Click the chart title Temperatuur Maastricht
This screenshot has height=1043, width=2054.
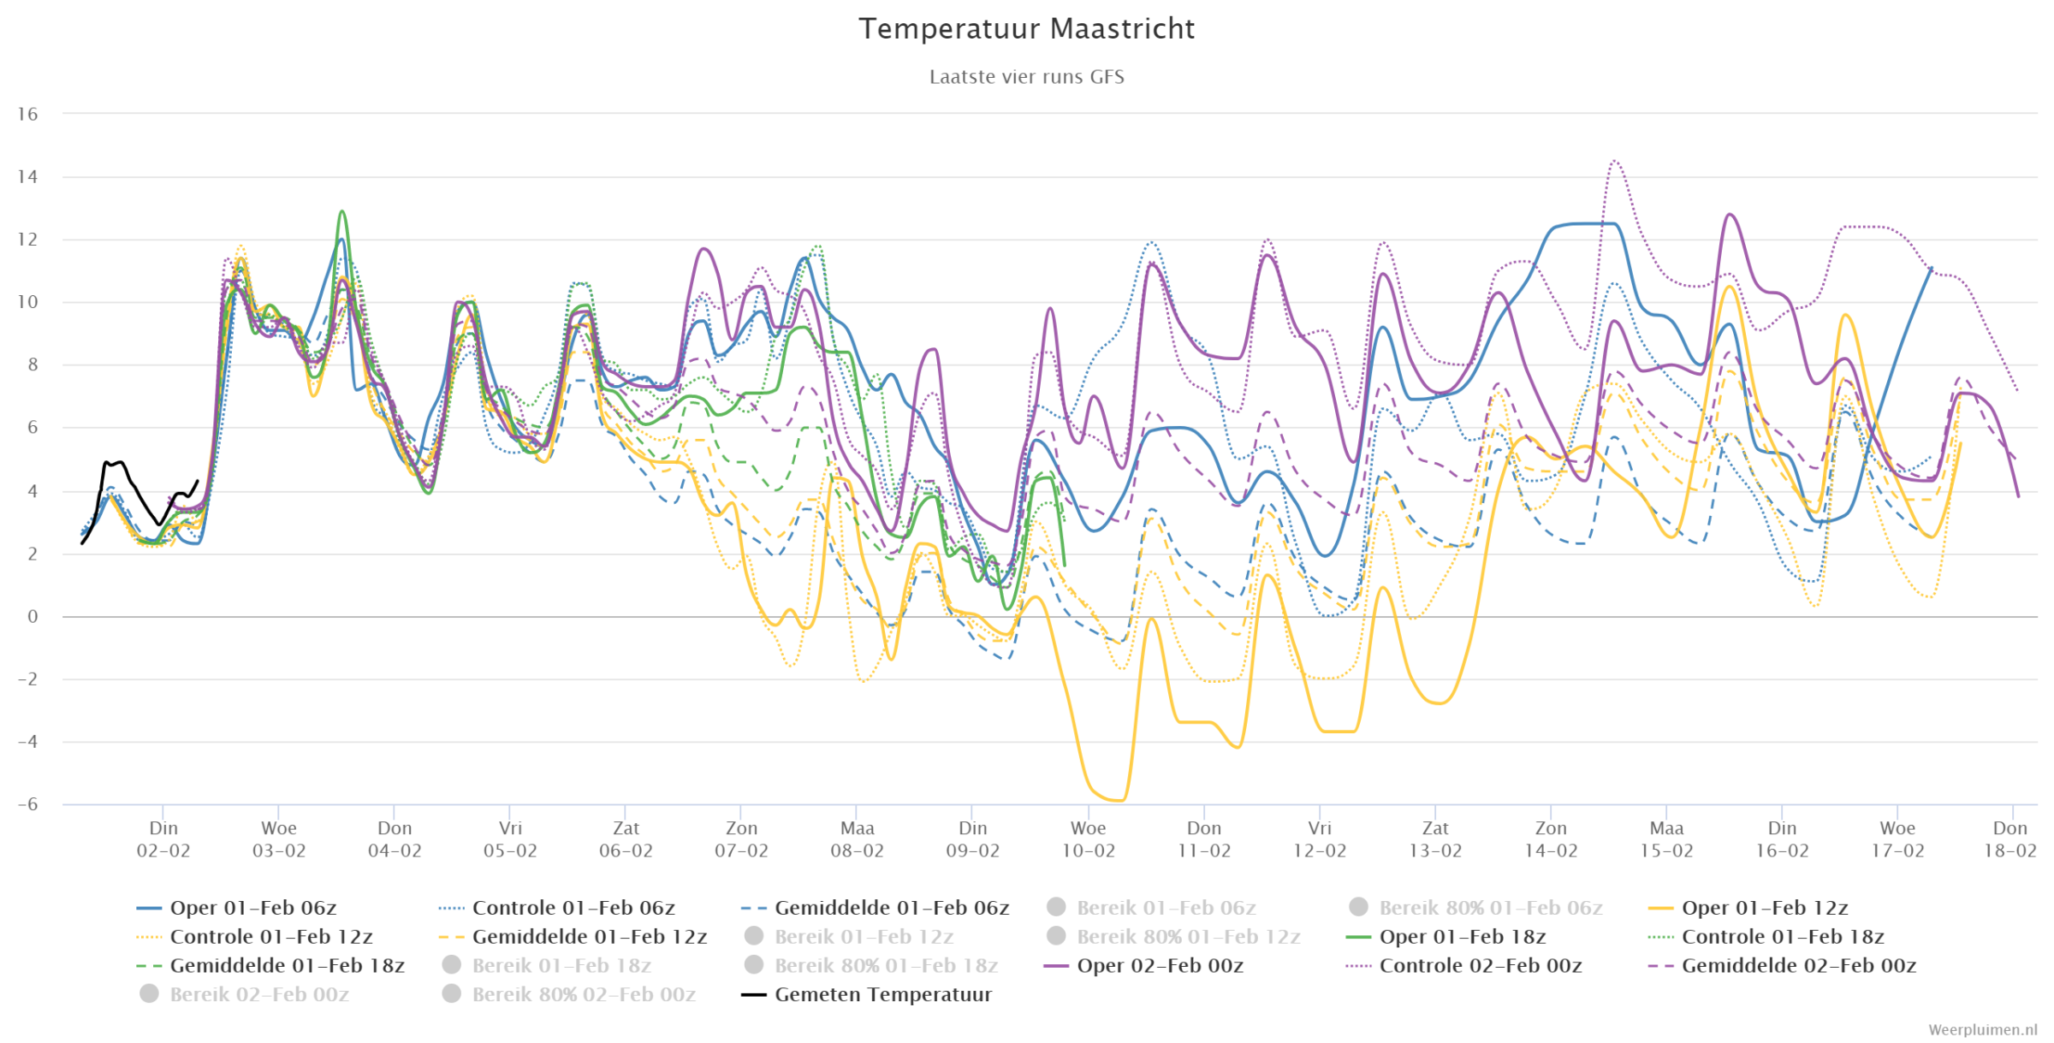pos(1026,29)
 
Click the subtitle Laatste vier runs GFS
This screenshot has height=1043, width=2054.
pos(1026,77)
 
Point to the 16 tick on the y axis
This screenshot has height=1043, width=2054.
pos(27,114)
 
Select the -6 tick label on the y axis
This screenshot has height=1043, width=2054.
pos(27,803)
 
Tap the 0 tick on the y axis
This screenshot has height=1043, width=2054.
pos(33,616)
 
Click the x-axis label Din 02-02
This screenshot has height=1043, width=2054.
pos(163,839)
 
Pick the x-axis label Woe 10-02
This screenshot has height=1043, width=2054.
pos(1088,839)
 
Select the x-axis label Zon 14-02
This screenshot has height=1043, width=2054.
pos(1551,839)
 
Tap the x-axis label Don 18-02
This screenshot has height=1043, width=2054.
pos(2010,839)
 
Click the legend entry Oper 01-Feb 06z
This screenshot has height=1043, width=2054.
pos(237,908)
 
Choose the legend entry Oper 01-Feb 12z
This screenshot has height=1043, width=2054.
pos(1748,908)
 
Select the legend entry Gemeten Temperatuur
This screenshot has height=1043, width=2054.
pos(867,994)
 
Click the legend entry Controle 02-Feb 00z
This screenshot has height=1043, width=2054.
pos(1464,965)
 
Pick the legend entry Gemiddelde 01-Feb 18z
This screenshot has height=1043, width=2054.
pos(270,965)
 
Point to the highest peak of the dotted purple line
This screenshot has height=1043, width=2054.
pos(1614,161)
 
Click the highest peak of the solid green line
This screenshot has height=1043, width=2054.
pos(342,211)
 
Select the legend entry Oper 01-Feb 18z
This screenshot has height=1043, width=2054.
pos(1446,937)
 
